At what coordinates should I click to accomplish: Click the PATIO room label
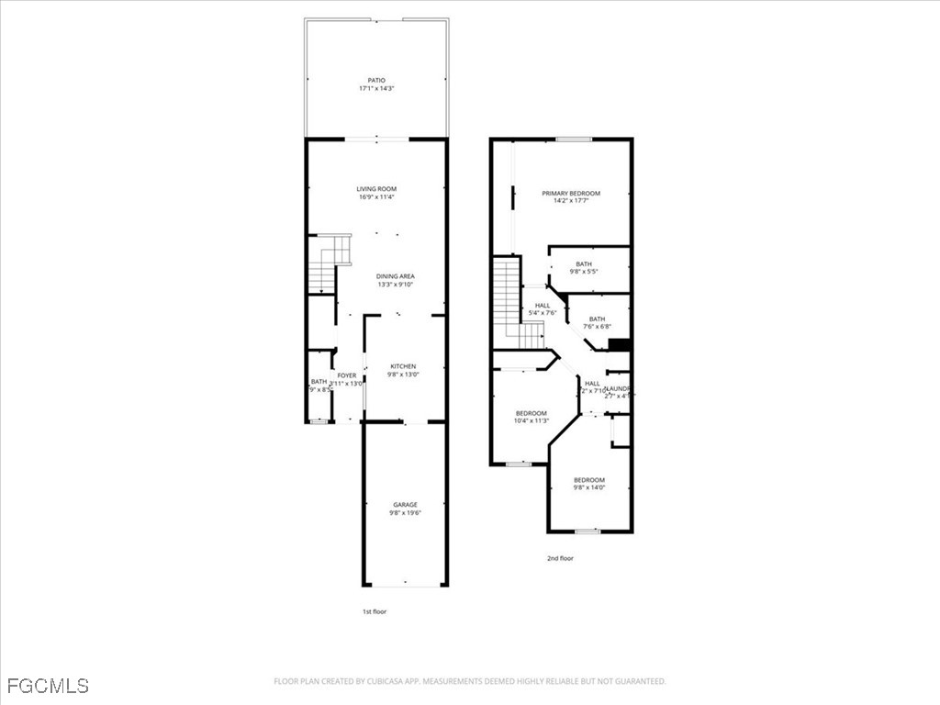376,80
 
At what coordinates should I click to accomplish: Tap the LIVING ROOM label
376,188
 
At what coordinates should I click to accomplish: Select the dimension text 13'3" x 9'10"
396,285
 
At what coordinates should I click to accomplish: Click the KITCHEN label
403,365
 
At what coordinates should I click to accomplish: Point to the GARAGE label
405,504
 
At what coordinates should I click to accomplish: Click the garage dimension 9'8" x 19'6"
405,513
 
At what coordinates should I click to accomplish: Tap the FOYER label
346,375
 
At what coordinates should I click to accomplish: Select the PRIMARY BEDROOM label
570,193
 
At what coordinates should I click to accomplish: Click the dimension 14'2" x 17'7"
570,201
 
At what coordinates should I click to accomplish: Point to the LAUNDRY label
617,388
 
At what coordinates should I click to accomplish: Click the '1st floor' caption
374,611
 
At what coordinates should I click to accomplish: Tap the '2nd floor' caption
560,557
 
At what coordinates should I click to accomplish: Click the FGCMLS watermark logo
47,685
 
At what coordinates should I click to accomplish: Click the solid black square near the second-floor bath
620,345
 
